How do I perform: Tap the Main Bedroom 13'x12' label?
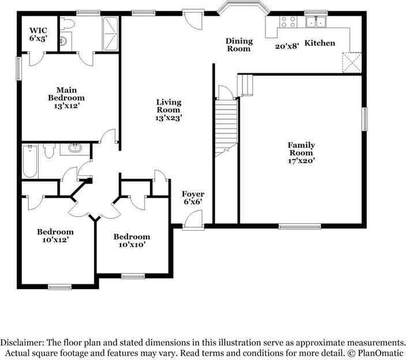click(x=67, y=97)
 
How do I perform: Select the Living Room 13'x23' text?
click(x=168, y=110)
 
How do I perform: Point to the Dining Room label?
click(x=238, y=45)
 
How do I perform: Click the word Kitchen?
click(x=319, y=43)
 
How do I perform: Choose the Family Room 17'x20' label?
click(x=302, y=153)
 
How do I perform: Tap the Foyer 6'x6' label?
click(x=193, y=198)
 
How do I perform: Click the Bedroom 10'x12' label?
click(x=55, y=236)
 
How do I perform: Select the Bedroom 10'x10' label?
click(x=131, y=241)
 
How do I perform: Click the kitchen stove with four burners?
click(x=288, y=22)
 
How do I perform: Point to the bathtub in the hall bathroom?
click(x=30, y=161)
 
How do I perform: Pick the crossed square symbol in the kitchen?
click(x=351, y=62)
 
